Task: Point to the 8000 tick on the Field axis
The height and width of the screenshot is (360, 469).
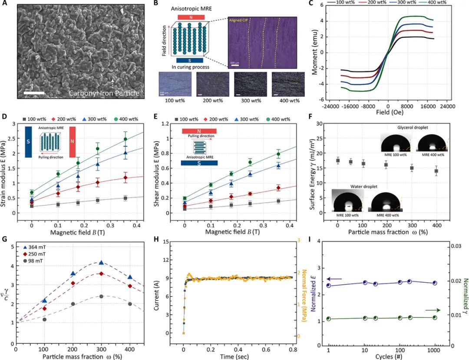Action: coord(407,105)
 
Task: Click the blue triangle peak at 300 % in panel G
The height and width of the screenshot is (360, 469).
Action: coord(101,263)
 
